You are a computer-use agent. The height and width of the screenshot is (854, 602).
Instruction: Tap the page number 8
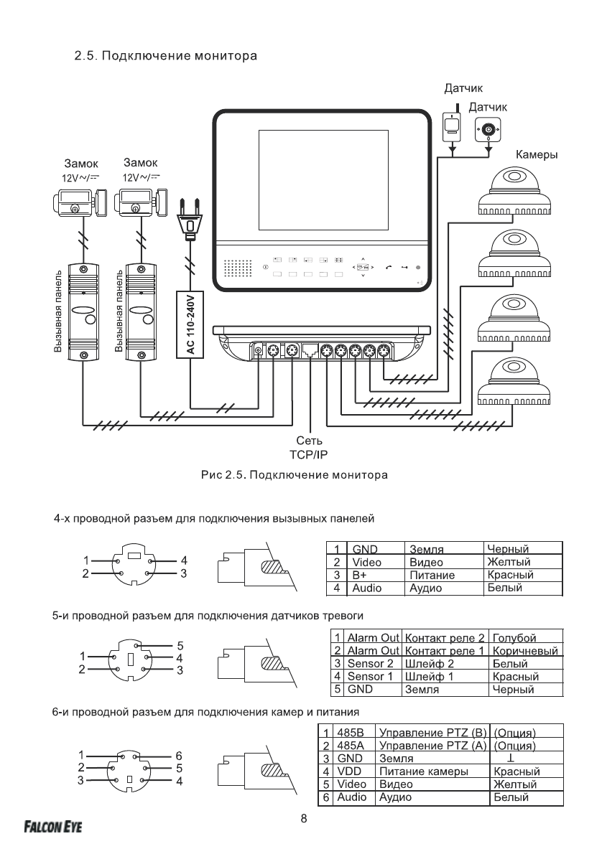[303, 819]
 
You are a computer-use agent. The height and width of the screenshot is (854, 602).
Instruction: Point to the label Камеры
[537, 154]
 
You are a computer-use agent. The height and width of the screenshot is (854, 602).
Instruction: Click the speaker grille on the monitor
[236, 268]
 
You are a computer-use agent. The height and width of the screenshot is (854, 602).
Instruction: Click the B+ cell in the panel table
[359, 576]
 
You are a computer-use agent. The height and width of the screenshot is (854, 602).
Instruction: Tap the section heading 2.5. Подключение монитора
[165, 55]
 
